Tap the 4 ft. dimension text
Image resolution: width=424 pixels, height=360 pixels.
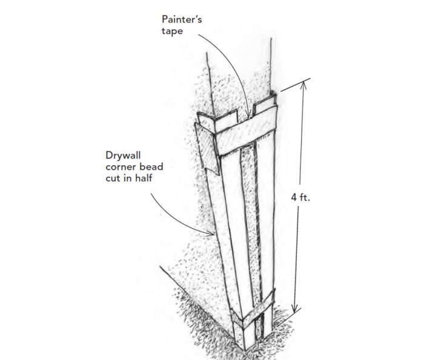pos(303,197)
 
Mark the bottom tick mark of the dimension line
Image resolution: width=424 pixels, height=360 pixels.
pos(295,312)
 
